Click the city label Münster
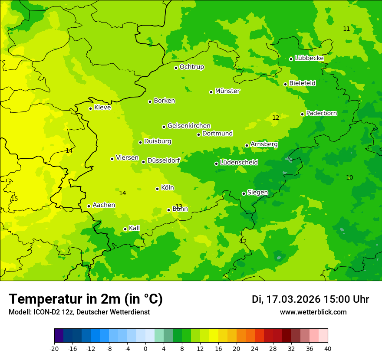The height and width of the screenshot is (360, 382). coord(227,91)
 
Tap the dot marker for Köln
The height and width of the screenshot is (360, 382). coord(157,189)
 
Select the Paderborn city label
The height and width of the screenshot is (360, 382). coord(321,113)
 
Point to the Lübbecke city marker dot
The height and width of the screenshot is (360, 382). coord(291,59)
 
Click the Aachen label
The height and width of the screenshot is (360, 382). coord(104,205)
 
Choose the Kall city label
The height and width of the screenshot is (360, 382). coord(134,228)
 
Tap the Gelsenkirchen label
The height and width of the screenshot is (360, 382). coord(189,126)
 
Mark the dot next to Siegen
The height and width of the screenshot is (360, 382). coord(244,193)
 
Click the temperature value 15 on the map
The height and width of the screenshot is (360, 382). coord(14,199)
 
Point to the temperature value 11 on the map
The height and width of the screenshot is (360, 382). coord(346,29)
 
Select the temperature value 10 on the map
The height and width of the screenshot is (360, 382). coord(349,177)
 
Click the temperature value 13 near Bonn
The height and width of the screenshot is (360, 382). coord(179,206)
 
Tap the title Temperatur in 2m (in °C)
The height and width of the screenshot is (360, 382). coord(86,299)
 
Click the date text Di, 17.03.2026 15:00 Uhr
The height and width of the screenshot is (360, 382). coord(310,299)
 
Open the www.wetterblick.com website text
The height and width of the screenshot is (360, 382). coord(313,312)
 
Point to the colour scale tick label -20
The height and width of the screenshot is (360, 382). coord(54,348)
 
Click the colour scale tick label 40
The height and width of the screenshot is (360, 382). coord(328,348)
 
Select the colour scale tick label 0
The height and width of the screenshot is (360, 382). coord(145,348)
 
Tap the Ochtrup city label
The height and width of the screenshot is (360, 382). coord(191,67)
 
